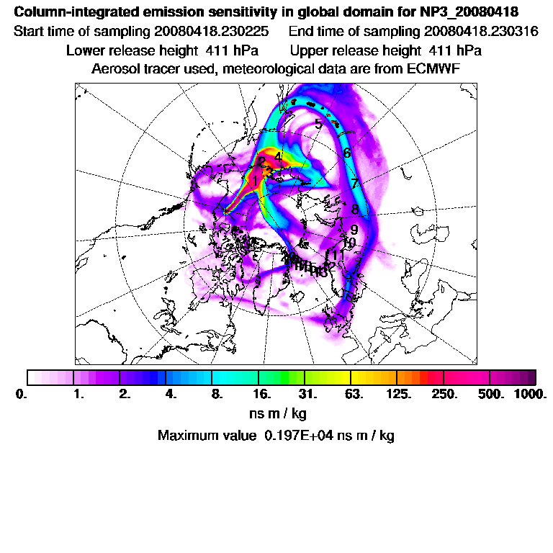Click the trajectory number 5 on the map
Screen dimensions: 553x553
pyautogui.click(x=318, y=124)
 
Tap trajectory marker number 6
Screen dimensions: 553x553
pyautogui.click(x=347, y=153)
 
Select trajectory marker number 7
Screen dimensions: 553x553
pyautogui.click(x=354, y=184)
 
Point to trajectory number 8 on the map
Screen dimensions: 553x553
pyautogui.click(x=355, y=210)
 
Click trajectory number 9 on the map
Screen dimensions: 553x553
pyautogui.click(x=354, y=230)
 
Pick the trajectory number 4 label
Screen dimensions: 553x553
pyautogui.click(x=278, y=157)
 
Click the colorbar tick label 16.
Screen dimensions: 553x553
pyautogui.click(x=262, y=394)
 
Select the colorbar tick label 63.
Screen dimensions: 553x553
pyautogui.click(x=354, y=394)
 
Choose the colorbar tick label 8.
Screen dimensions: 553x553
pyautogui.click(x=217, y=394)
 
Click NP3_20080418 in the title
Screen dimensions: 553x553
pyautogui.click(x=467, y=13)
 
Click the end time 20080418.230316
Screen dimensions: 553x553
pyautogui.click(x=481, y=32)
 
